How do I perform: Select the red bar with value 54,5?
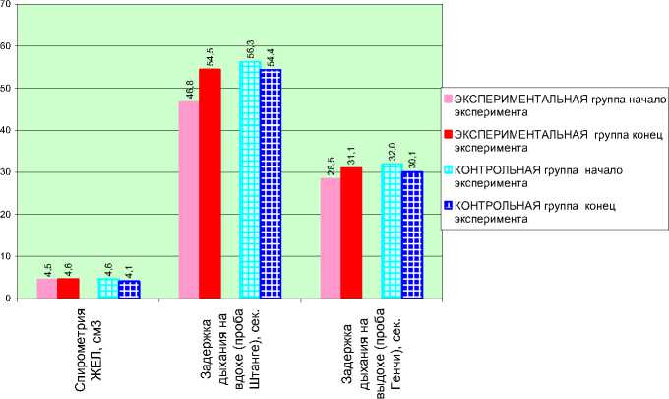pos(210,183)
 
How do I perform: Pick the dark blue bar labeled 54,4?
pos(271,183)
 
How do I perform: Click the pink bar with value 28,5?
pos(330,237)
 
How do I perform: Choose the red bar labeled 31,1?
pos(351,233)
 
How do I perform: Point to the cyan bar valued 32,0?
pos(392,231)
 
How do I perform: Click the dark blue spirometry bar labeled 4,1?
pos(129,289)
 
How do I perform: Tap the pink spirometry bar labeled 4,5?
pos(46,288)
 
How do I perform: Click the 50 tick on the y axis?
pos(7,88)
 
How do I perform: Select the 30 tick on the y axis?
pos(7,172)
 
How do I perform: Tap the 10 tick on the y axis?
pos(7,256)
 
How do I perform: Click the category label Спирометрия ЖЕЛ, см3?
pos(88,350)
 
